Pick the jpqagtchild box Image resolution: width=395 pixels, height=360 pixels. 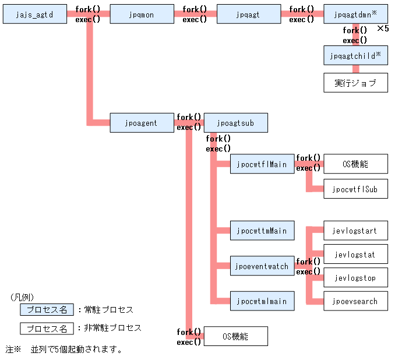[x=355, y=55]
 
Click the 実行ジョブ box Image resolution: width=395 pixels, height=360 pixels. [x=355, y=82]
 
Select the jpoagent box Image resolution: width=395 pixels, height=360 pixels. [x=142, y=123]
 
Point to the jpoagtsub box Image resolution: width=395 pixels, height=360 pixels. [x=236, y=123]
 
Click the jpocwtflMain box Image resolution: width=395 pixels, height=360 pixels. [x=262, y=164]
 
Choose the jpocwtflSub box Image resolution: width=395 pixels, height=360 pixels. [x=355, y=189]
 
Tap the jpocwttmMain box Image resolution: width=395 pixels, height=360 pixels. [x=262, y=231]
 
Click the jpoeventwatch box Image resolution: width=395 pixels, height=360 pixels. [x=262, y=266]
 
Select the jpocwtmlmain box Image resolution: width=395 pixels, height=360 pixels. [x=262, y=301]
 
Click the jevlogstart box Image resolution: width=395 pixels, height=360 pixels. [x=355, y=231]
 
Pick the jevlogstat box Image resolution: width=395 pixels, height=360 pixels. [x=355, y=254]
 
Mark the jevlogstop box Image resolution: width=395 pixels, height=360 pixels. [x=355, y=277]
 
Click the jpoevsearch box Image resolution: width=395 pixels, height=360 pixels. [x=355, y=301]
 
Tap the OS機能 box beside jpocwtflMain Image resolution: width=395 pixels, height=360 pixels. [x=355, y=164]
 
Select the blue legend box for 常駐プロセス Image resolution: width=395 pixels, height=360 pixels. [x=47, y=309]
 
